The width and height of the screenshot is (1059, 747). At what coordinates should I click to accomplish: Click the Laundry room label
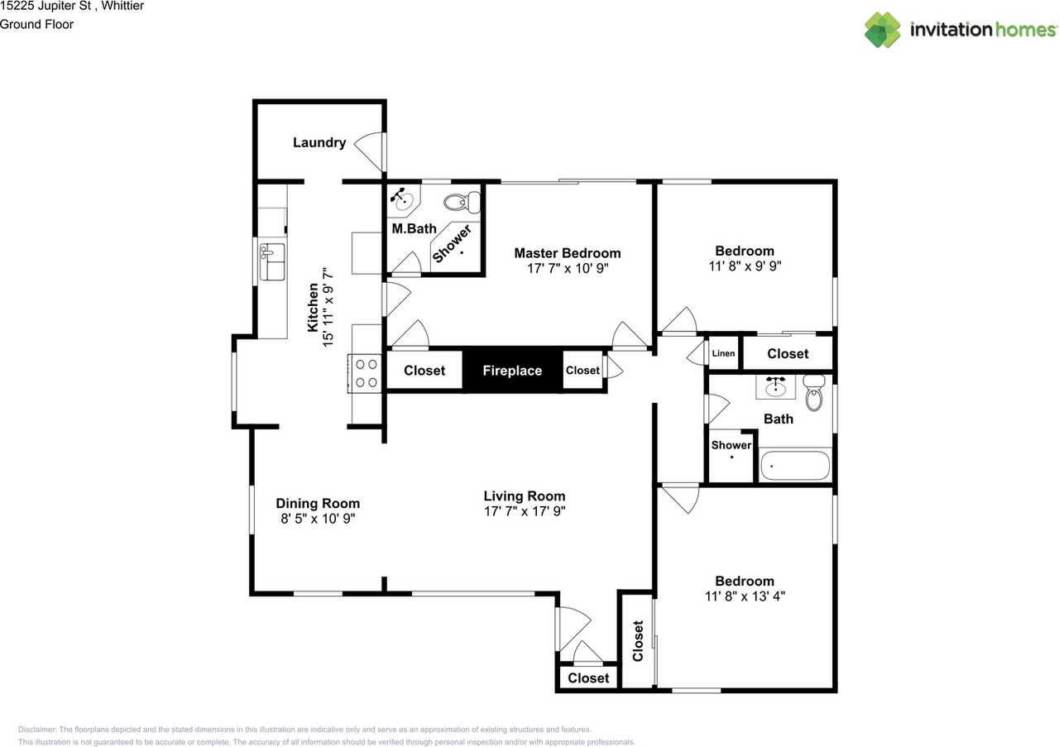coord(319,143)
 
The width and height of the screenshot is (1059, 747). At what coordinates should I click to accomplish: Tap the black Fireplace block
coord(512,370)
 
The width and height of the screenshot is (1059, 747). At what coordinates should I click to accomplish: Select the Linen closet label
coord(723,353)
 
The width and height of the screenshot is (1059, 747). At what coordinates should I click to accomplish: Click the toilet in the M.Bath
coord(462,203)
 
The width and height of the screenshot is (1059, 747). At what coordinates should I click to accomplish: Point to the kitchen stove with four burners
coord(365,373)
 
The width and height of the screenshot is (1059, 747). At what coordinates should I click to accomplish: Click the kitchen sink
coord(272,261)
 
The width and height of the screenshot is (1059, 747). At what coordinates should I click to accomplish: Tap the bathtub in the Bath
coord(795,465)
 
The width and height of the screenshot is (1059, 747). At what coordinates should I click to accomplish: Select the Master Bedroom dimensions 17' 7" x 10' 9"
coord(568,269)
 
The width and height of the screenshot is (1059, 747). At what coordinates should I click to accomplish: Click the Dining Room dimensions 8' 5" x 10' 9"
coord(318,519)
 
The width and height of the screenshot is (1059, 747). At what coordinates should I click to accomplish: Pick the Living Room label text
coord(525,496)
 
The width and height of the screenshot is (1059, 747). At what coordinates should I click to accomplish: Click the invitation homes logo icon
coord(882,30)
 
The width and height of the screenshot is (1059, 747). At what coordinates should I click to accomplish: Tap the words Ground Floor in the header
coord(36,25)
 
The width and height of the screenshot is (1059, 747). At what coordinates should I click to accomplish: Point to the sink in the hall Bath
coord(775,387)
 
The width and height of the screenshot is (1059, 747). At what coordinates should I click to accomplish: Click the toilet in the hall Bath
coord(814,393)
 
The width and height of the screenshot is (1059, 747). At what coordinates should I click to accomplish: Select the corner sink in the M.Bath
coord(402,200)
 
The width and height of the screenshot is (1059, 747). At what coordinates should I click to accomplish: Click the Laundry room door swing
coord(368,152)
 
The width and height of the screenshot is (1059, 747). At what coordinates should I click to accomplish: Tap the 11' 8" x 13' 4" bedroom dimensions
coord(745,596)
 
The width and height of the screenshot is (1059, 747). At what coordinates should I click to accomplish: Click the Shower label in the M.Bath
coord(453,244)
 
